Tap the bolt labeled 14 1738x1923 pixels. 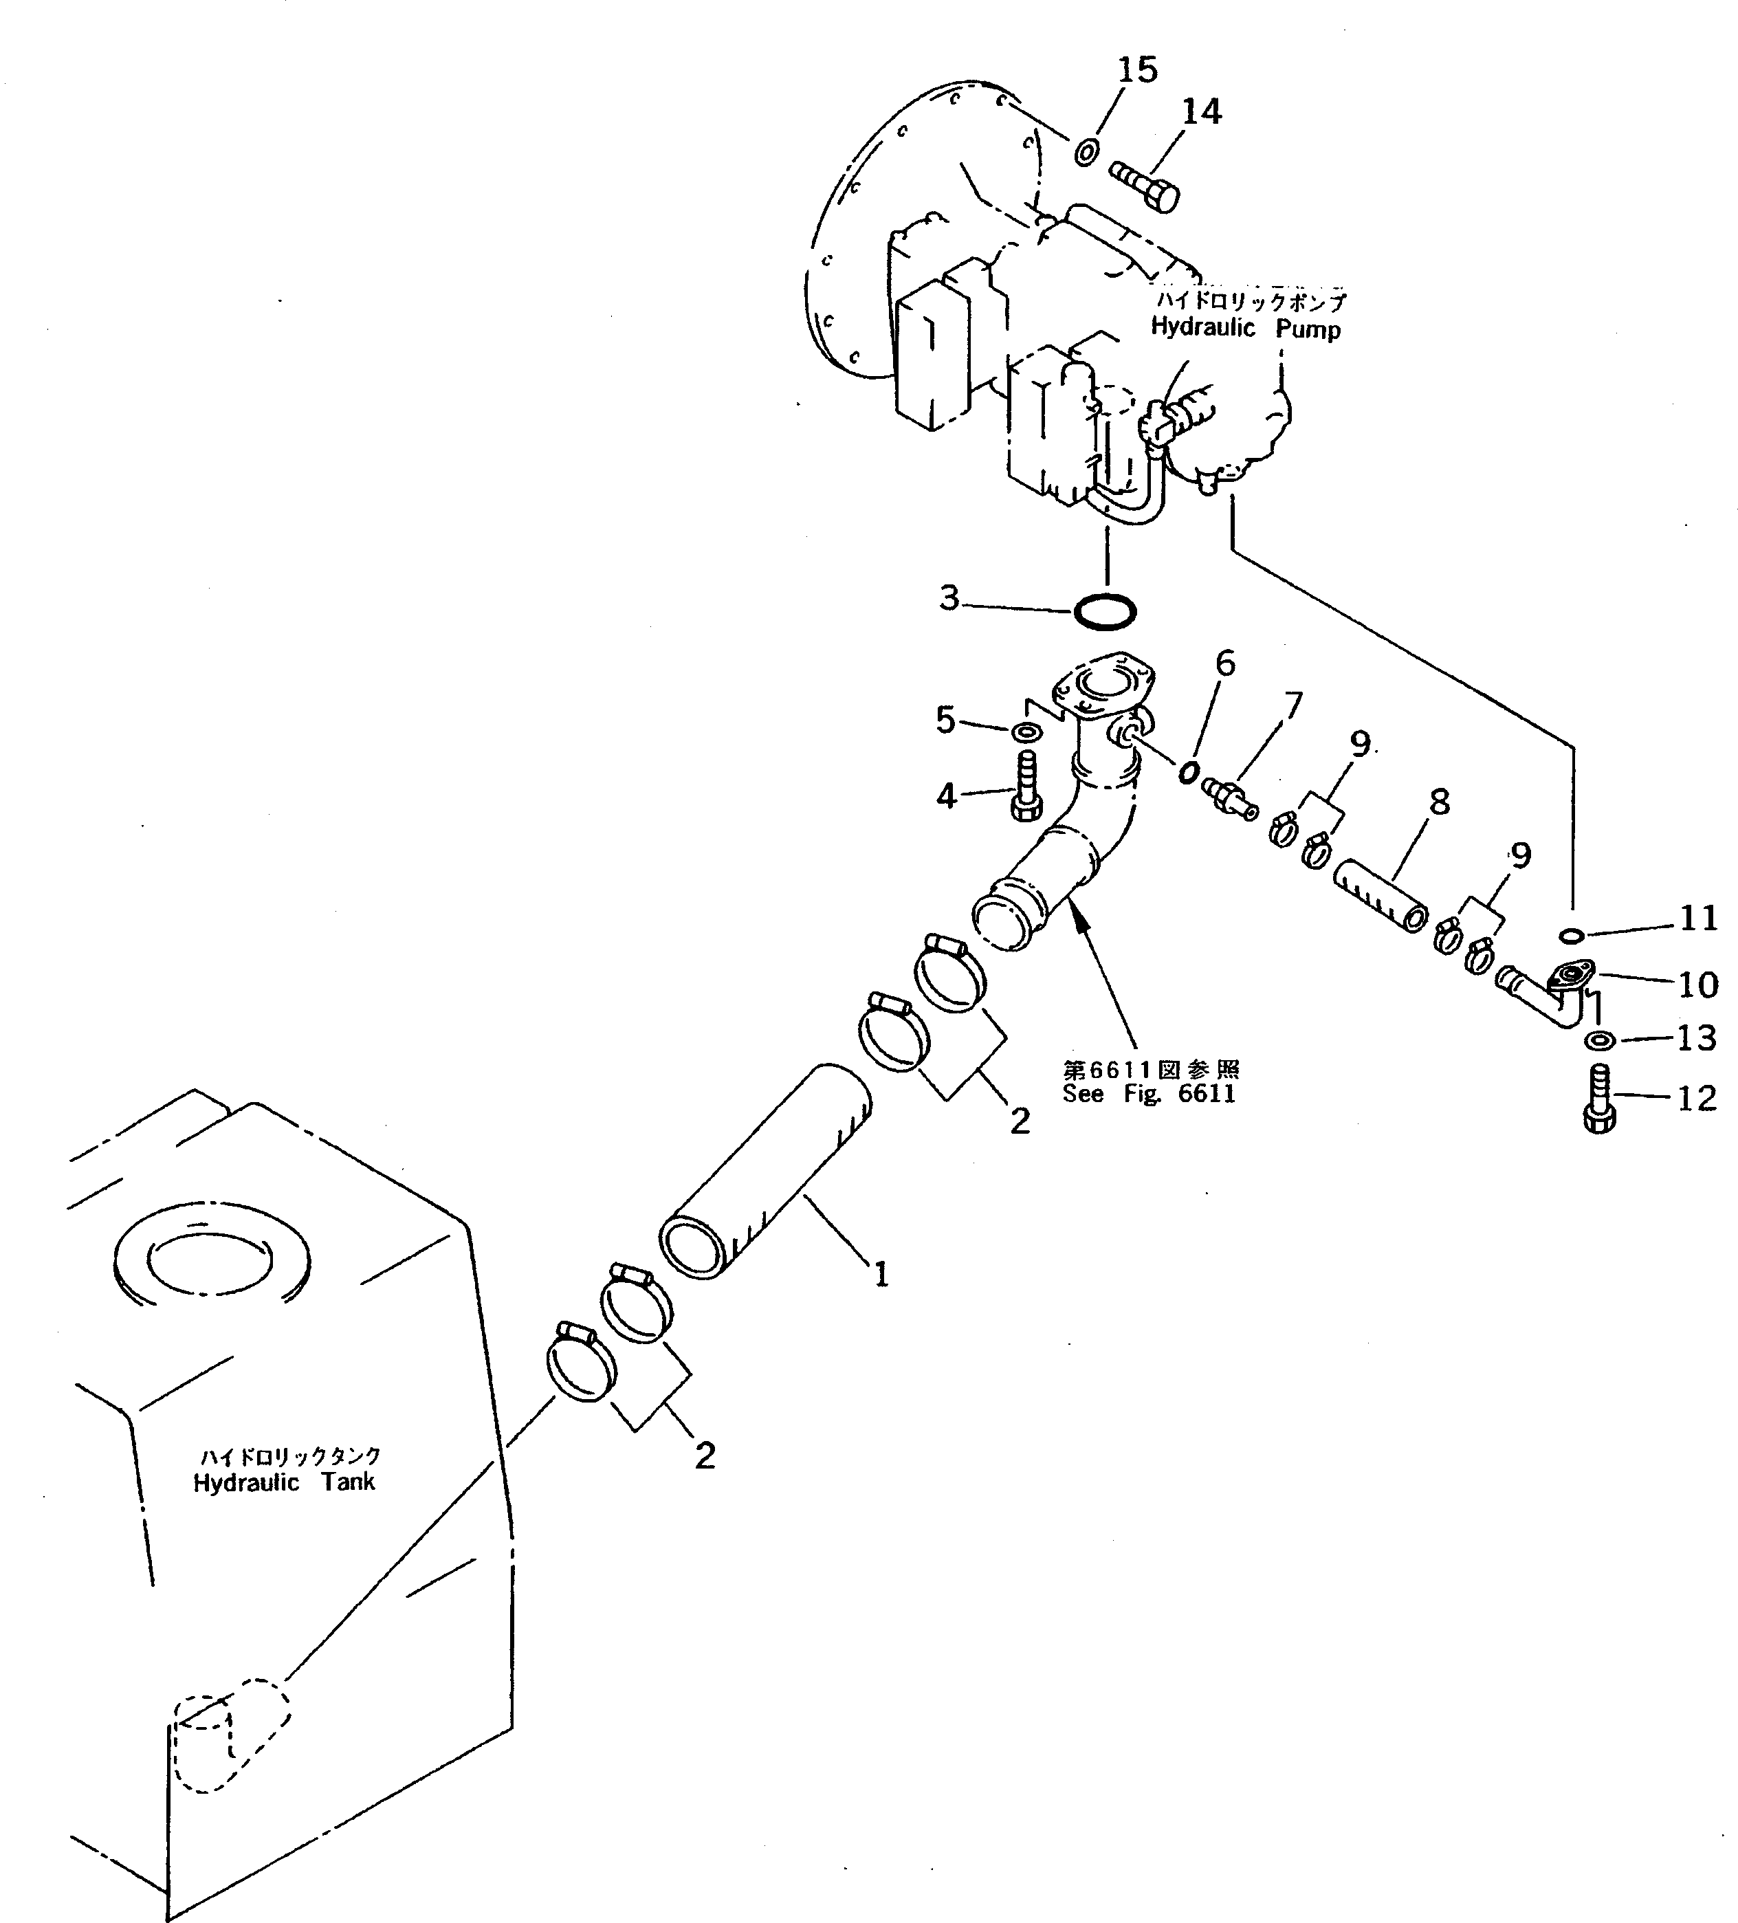(x=1145, y=187)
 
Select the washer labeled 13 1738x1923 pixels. (x=1600, y=1039)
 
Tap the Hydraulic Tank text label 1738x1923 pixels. (x=284, y=1482)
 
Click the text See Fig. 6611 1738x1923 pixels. (x=1149, y=1093)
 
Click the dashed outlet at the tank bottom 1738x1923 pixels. (x=228, y=1738)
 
